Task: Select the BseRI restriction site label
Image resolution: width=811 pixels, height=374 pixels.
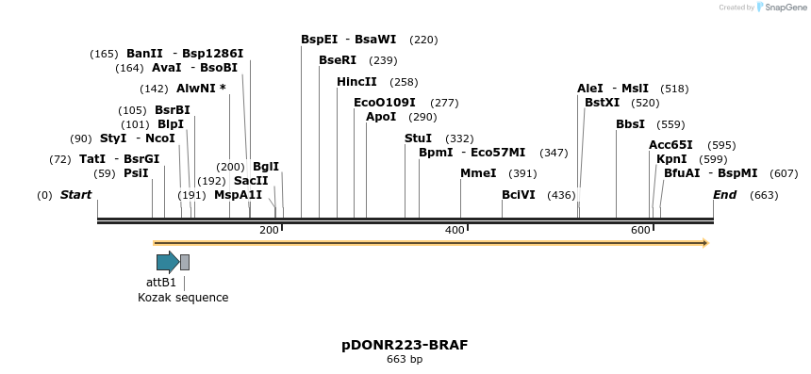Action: pyautogui.click(x=338, y=60)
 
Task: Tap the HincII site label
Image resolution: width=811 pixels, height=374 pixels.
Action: pyautogui.click(x=356, y=82)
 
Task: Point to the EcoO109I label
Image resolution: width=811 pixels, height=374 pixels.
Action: pyautogui.click(x=384, y=103)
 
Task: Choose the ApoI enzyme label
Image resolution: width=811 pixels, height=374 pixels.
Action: pyautogui.click(x=381, y=117)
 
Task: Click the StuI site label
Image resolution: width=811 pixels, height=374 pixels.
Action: pyautogui.click(x=418, y=138)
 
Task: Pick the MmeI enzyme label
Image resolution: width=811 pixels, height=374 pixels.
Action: pyautogui.click(x=478, y=173)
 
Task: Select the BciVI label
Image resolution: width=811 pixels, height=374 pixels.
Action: pyautogui.click(x=519, y=195)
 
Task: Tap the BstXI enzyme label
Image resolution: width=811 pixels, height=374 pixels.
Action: pyautogui.click(x=602, y=103)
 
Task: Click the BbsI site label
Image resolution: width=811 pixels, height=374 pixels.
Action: pyautogui.click(x=630, y=124)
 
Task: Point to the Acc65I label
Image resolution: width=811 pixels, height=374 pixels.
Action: pyautogui.click(x=670, y=145)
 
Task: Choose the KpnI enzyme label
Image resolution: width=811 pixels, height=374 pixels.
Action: pyautogui.click(x=671, y=159)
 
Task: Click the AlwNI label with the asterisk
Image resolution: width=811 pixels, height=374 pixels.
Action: pyautogui.click(x=201, y=89)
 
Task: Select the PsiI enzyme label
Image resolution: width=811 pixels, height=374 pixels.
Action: pyautogui.click(x=136, y=173)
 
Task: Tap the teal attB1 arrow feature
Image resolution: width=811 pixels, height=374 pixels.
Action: pyautogui.click(x=168, y=262)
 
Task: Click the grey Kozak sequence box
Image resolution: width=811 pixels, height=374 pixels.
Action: pyautogui.click(x=185, y=262)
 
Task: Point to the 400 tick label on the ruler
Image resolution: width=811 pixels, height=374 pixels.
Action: pyautogui.click(x=455, y=231)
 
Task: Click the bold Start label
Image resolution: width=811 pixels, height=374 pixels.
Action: pyautogui.click(x=75, y=195)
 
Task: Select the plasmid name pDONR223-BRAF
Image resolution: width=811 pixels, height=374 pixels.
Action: pyautogui.click(x=405, y=345)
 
